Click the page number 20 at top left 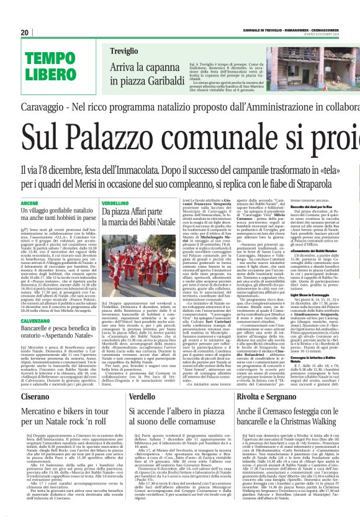click(x=25, y=32)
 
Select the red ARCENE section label click(x=30, y=203)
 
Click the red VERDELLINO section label click(x=115, y=203)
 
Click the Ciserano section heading click(x=38, y=396)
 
